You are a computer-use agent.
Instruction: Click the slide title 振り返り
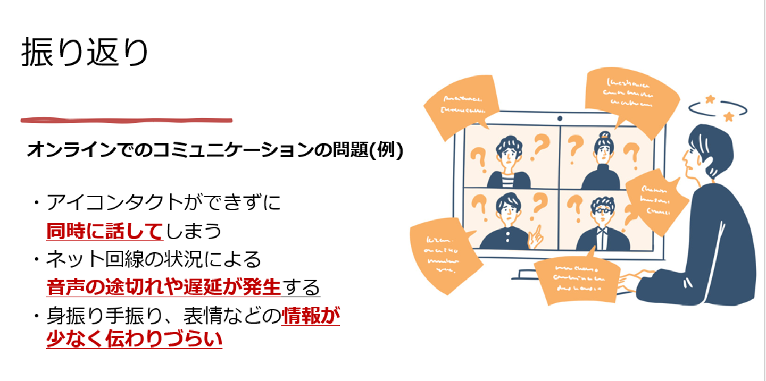click(85, 53)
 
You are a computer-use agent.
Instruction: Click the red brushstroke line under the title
click(126, 120)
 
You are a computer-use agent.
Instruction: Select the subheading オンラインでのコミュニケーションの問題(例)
click(215, 150)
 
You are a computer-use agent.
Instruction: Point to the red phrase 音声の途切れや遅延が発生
click(163, 287)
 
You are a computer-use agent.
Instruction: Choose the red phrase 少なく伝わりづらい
click(134, 340)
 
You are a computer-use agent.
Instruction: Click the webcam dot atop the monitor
click(560, 118)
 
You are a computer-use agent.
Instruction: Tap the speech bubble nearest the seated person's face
click(654, 199)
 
